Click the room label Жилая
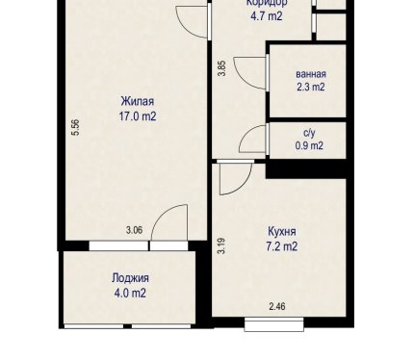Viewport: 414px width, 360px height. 138,101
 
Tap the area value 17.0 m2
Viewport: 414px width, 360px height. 138,116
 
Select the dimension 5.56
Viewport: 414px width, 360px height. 76,128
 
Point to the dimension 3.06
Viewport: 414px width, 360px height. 134,230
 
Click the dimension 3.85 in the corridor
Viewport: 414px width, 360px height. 221,68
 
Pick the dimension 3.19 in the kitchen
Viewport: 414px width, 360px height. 221,245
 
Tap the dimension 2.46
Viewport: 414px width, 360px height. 277,306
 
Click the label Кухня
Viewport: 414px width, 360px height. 282,231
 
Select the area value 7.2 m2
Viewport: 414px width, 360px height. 282,246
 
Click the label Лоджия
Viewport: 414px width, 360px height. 130,278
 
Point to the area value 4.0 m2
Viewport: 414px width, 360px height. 130,293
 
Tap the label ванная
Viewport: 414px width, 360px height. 311,74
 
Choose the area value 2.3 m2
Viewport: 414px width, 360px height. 311,87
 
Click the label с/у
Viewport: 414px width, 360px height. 309,133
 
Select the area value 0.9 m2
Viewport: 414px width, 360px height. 309,146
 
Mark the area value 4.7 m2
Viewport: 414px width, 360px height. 267,15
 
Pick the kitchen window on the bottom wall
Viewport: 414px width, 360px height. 274,324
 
